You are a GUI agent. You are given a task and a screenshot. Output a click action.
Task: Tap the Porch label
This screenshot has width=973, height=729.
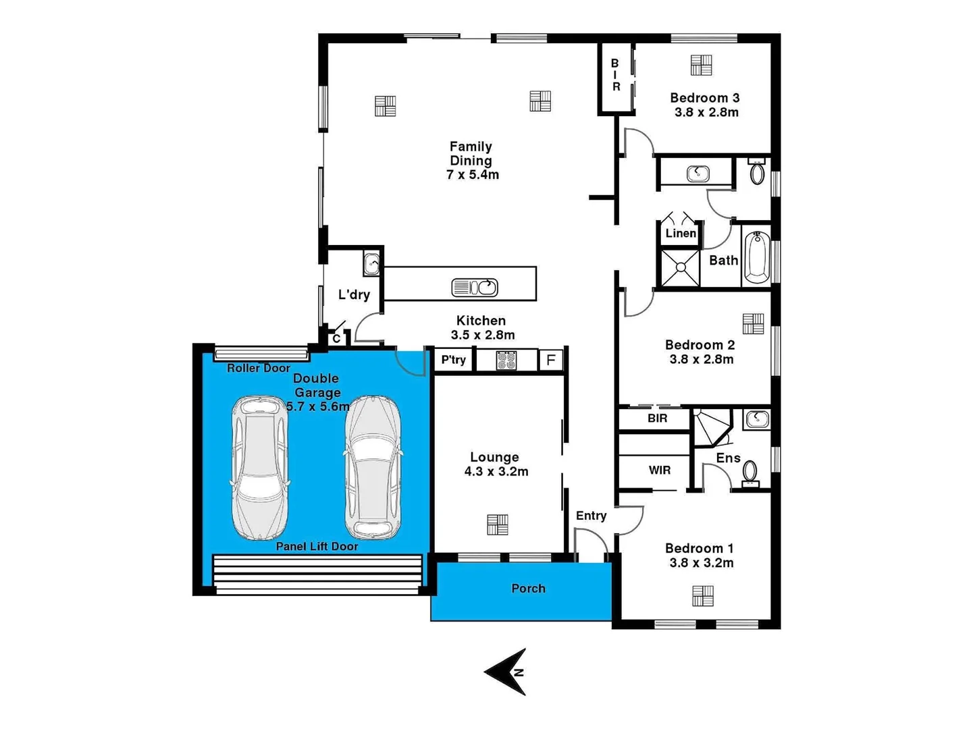[528, 589]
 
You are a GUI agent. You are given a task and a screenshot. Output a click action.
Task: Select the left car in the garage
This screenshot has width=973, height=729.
[260, 467]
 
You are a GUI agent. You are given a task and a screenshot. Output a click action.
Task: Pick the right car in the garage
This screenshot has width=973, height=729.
[373, 467]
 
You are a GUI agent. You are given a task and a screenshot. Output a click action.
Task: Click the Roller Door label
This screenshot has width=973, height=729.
[258, 368]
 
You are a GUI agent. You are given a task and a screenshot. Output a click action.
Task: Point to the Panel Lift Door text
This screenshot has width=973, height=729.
[317, 546]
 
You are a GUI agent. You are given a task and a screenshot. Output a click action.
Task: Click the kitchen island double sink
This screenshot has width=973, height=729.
[475, 288]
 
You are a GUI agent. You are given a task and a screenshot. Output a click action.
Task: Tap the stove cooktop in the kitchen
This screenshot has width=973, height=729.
[506, 360]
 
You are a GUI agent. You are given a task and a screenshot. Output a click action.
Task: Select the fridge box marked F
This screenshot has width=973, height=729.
[551, 360]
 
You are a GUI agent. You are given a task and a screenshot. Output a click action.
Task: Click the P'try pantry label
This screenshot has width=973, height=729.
[453, 360]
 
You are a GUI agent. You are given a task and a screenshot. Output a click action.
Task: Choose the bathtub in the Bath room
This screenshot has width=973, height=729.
[757, 258]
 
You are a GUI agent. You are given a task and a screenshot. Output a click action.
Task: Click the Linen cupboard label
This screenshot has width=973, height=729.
[680, 234]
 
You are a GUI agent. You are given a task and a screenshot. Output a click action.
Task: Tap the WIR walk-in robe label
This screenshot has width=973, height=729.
[659, 470]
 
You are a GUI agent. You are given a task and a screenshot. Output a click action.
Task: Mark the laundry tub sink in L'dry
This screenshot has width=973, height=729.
[371, 263]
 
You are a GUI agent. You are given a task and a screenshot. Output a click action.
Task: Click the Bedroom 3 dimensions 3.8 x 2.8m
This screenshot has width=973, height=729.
[706, 113]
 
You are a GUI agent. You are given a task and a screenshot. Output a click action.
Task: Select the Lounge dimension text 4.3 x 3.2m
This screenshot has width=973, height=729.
[496, 472]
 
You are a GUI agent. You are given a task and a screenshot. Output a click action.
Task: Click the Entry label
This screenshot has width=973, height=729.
[591, 516]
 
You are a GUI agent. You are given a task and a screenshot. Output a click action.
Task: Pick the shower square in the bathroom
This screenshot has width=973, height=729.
[680, 268]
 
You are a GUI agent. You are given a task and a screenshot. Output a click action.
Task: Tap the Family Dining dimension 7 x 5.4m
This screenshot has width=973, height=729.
[472, 175]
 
